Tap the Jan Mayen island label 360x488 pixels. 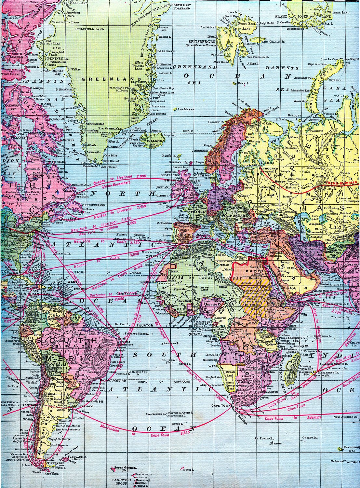[186, 110]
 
